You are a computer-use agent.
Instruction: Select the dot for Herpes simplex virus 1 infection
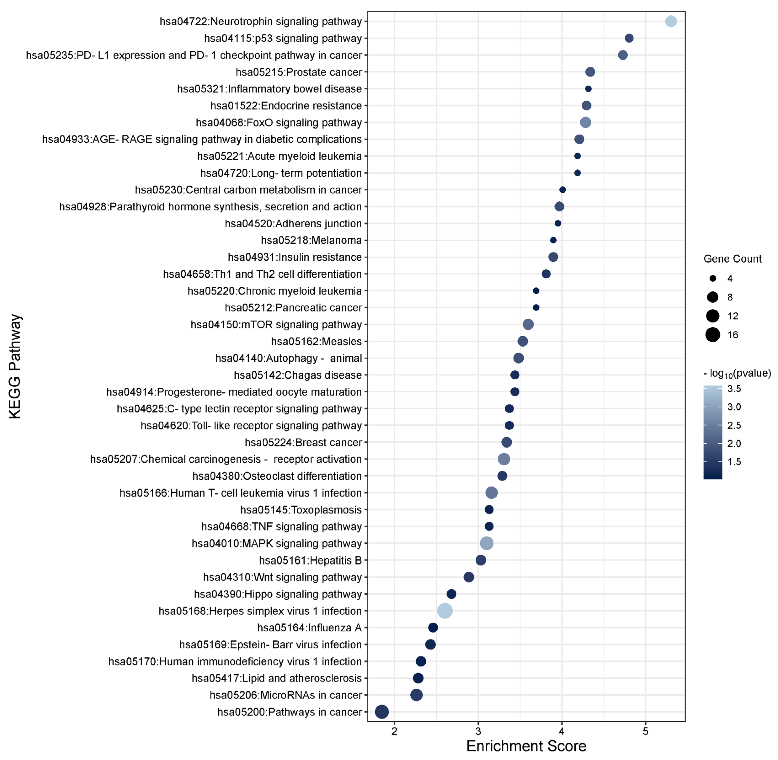click(x=445, y=611)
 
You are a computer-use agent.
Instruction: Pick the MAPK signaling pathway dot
click(x=486, y=543)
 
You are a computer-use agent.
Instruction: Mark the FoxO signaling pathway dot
click(x=585, y=122)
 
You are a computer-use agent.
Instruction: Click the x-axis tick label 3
click(x=478, y=731)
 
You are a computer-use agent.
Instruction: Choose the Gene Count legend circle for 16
click(x=713, y=335)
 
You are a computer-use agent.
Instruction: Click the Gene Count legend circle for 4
click(x=713, y=279)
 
